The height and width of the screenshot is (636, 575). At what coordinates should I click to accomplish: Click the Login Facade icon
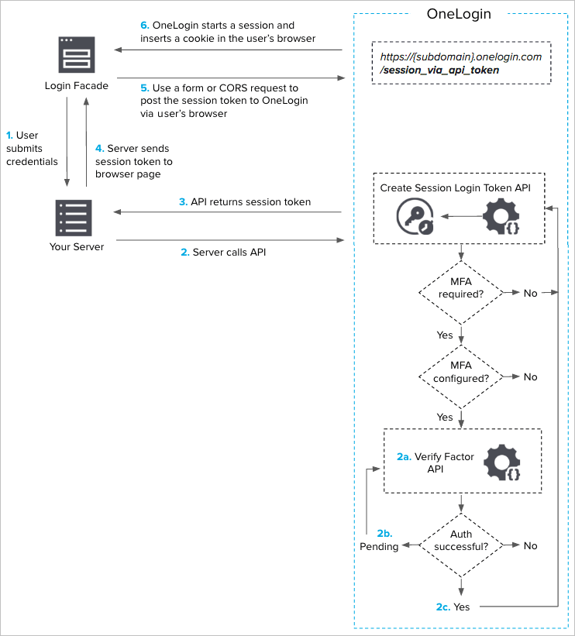point(76,53)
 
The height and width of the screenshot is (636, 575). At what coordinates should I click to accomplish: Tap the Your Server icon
point(74,218)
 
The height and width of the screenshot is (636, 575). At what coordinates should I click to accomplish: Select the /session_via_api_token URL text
point(439,70)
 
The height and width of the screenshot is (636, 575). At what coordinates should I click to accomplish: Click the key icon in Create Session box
point(415,217)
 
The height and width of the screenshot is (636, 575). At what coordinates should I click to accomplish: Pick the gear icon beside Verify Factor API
point(502,463)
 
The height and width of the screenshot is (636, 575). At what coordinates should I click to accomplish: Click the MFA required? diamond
point(461,293)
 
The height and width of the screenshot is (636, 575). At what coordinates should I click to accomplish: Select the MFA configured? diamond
point(461,376)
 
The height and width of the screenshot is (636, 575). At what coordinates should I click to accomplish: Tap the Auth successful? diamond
point(461,546)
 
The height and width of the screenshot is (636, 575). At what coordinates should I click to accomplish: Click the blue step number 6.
point(145,26)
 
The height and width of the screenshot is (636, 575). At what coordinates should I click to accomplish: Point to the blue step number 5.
point(145,88)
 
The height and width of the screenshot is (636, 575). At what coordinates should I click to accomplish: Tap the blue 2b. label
point(384,534)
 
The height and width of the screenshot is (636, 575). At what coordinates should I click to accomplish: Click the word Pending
point(379,547)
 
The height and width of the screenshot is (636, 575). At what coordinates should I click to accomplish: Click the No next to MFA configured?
point(530,377)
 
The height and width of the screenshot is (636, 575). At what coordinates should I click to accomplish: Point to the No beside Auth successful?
point(530,546)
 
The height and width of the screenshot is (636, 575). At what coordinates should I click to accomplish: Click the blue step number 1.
point(9,136)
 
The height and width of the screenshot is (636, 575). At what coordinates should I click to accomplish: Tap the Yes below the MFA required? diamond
point(445,335)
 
